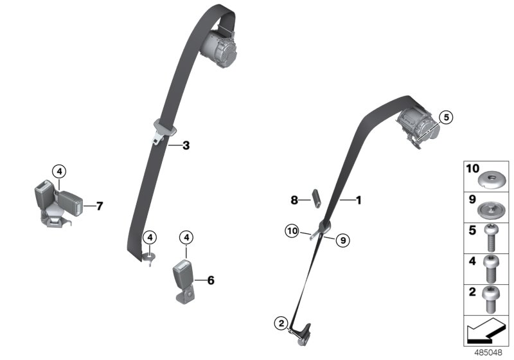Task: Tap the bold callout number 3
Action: [x=186, y=146]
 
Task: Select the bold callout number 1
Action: [x=359, y=201]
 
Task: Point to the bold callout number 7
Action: [x=99, y=206]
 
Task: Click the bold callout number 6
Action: [x=210, y=280]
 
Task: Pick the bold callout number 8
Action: [x=294, y=200]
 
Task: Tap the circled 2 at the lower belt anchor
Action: [x=280, y=323]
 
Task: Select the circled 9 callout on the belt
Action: [x=342, y=240]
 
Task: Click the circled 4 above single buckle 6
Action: [x=186, y=237]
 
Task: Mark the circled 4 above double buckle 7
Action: [x=58, y=171]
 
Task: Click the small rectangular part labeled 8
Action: [x=316, y=198]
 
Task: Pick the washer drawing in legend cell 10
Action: [x=491, y=175]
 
